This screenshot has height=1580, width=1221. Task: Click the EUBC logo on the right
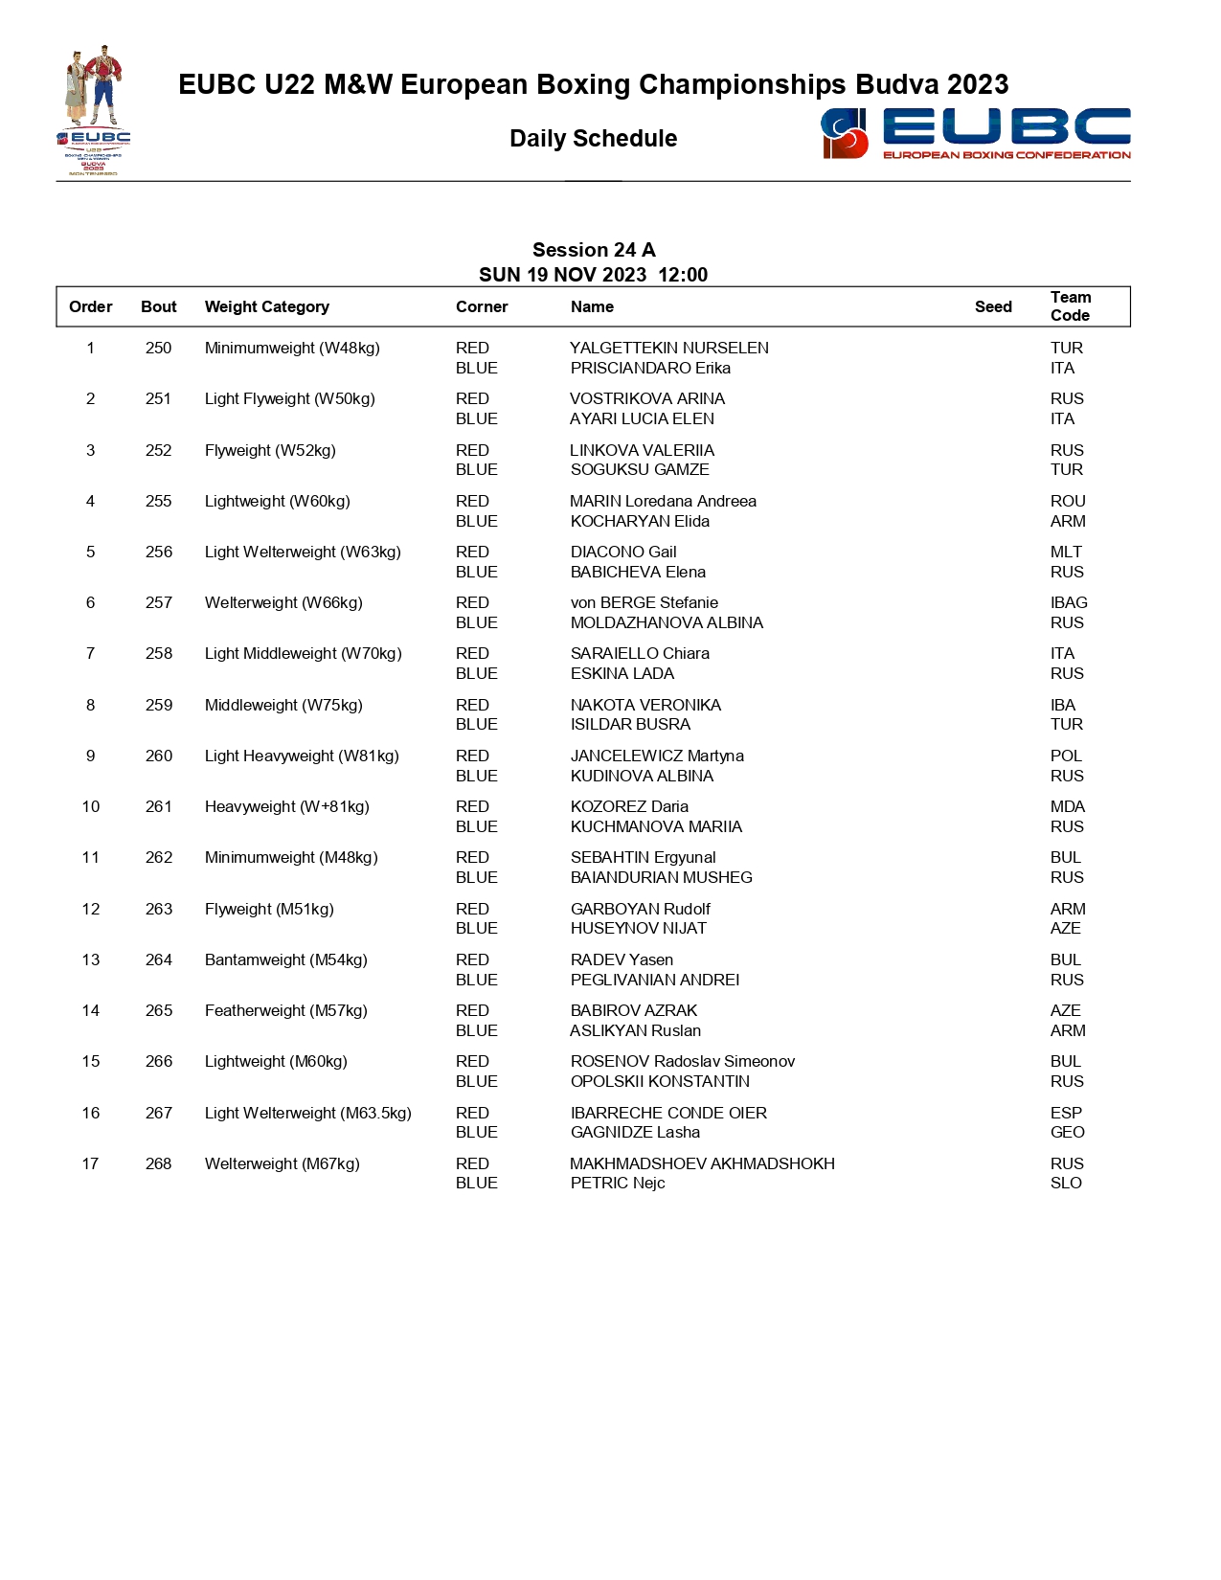coord(975,133)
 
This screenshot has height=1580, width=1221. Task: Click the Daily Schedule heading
coord(593,139)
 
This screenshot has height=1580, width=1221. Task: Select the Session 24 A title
coord(594,250)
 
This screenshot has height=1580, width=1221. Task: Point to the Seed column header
coord(993,306)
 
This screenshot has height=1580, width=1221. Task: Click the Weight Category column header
coord(266,306)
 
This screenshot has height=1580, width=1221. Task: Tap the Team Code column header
coord(1070,306)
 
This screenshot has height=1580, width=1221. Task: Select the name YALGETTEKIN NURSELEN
coord(668,348)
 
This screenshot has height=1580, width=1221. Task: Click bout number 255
coord(159,501)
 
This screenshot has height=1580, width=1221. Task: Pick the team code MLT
coord(1066,552)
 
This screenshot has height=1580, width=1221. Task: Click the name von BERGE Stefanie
coord(644,602)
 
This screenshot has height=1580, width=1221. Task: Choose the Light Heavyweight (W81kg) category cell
coord(302,756)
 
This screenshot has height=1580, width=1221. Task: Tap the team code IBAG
coord(1069,602)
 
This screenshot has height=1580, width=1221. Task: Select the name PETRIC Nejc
coord(618,1183)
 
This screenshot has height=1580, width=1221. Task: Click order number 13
coord(91,959)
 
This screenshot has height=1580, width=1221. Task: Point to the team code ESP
coord(1066,1113)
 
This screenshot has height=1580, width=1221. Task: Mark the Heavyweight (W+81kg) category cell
coord(286,806)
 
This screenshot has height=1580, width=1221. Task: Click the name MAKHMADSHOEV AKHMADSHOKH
coord(702,1163)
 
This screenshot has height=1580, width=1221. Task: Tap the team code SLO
coord(1066,1183)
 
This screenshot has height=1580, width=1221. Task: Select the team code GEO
coord(1067,1132)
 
